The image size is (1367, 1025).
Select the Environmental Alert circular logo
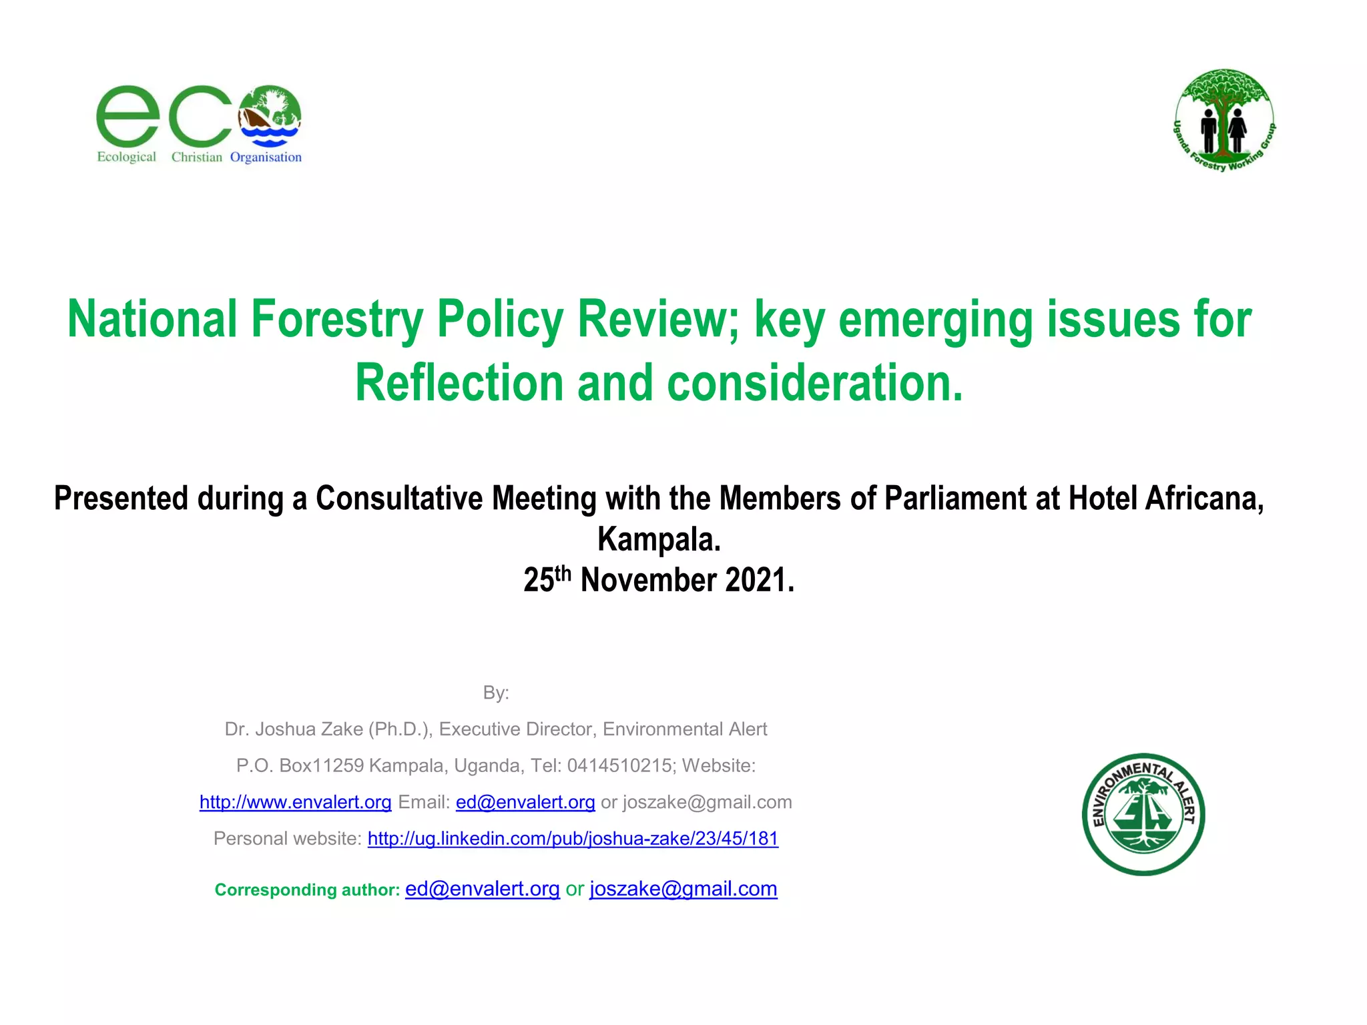[x=1143, y=814]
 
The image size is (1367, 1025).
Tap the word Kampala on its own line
[x=659, y=539]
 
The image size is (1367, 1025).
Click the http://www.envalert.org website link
[x=295, y=802]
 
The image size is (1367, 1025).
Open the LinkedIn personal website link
[x=573, y=838]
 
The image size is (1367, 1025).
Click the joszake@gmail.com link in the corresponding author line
[x=683, y=889]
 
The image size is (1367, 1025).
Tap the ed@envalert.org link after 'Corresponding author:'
[x=482, y=889]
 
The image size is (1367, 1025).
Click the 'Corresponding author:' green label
[x=307, y=890]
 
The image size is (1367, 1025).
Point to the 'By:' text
[x=496, y=693]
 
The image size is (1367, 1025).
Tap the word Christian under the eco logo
[x=196, y=157]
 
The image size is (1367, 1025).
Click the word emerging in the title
[x=934, y=320]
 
